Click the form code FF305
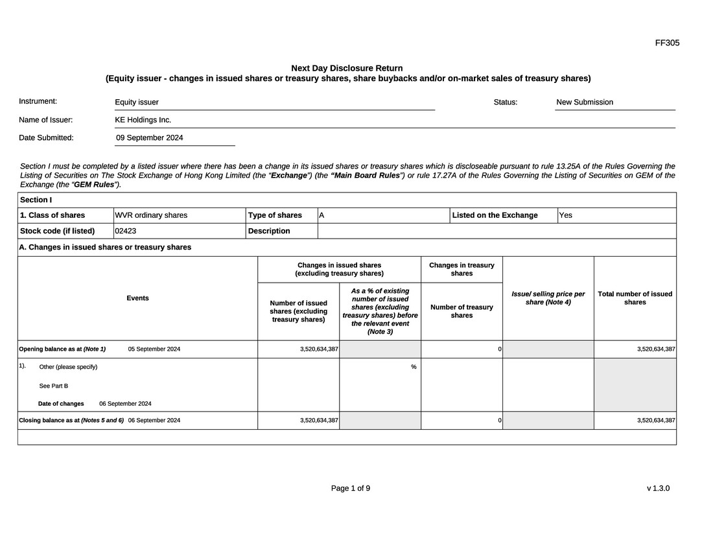[x=667, y=43]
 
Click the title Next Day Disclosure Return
[x=347, y=68]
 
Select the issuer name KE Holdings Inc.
[x=143, y=120]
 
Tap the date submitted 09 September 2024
[x=150, y=137]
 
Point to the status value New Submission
[x=585, y=102]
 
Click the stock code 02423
[x=126, y=231]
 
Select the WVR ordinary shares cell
[x=151, y=215]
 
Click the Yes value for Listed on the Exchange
[x=566, y=215]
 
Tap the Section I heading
[x=36, y=200]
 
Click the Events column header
[x=137, y=298]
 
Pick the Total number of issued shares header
[x=635, y=298]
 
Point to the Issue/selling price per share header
[x=548, y=298]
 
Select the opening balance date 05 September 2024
[x=154, y=349]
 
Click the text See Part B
[x=54, y=386]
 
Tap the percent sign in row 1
[x=414, y=367]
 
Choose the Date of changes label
[x=61, y=404]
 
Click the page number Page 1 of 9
[x=351, y=488]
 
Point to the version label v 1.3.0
[x=658, y=488]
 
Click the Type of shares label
[x=275, y=215]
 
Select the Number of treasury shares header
[x=462, y=311]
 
